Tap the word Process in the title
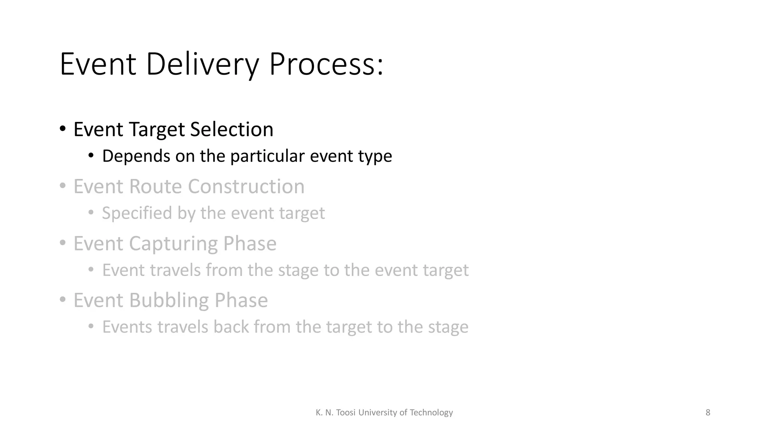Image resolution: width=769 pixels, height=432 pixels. tap(326, 64)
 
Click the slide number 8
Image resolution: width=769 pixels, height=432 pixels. tap(708, 412)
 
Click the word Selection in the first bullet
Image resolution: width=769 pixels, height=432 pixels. tap(232, 129)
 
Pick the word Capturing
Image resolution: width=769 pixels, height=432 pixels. tap(173, 243)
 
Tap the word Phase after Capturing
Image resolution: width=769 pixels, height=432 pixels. tap(250, 243)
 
